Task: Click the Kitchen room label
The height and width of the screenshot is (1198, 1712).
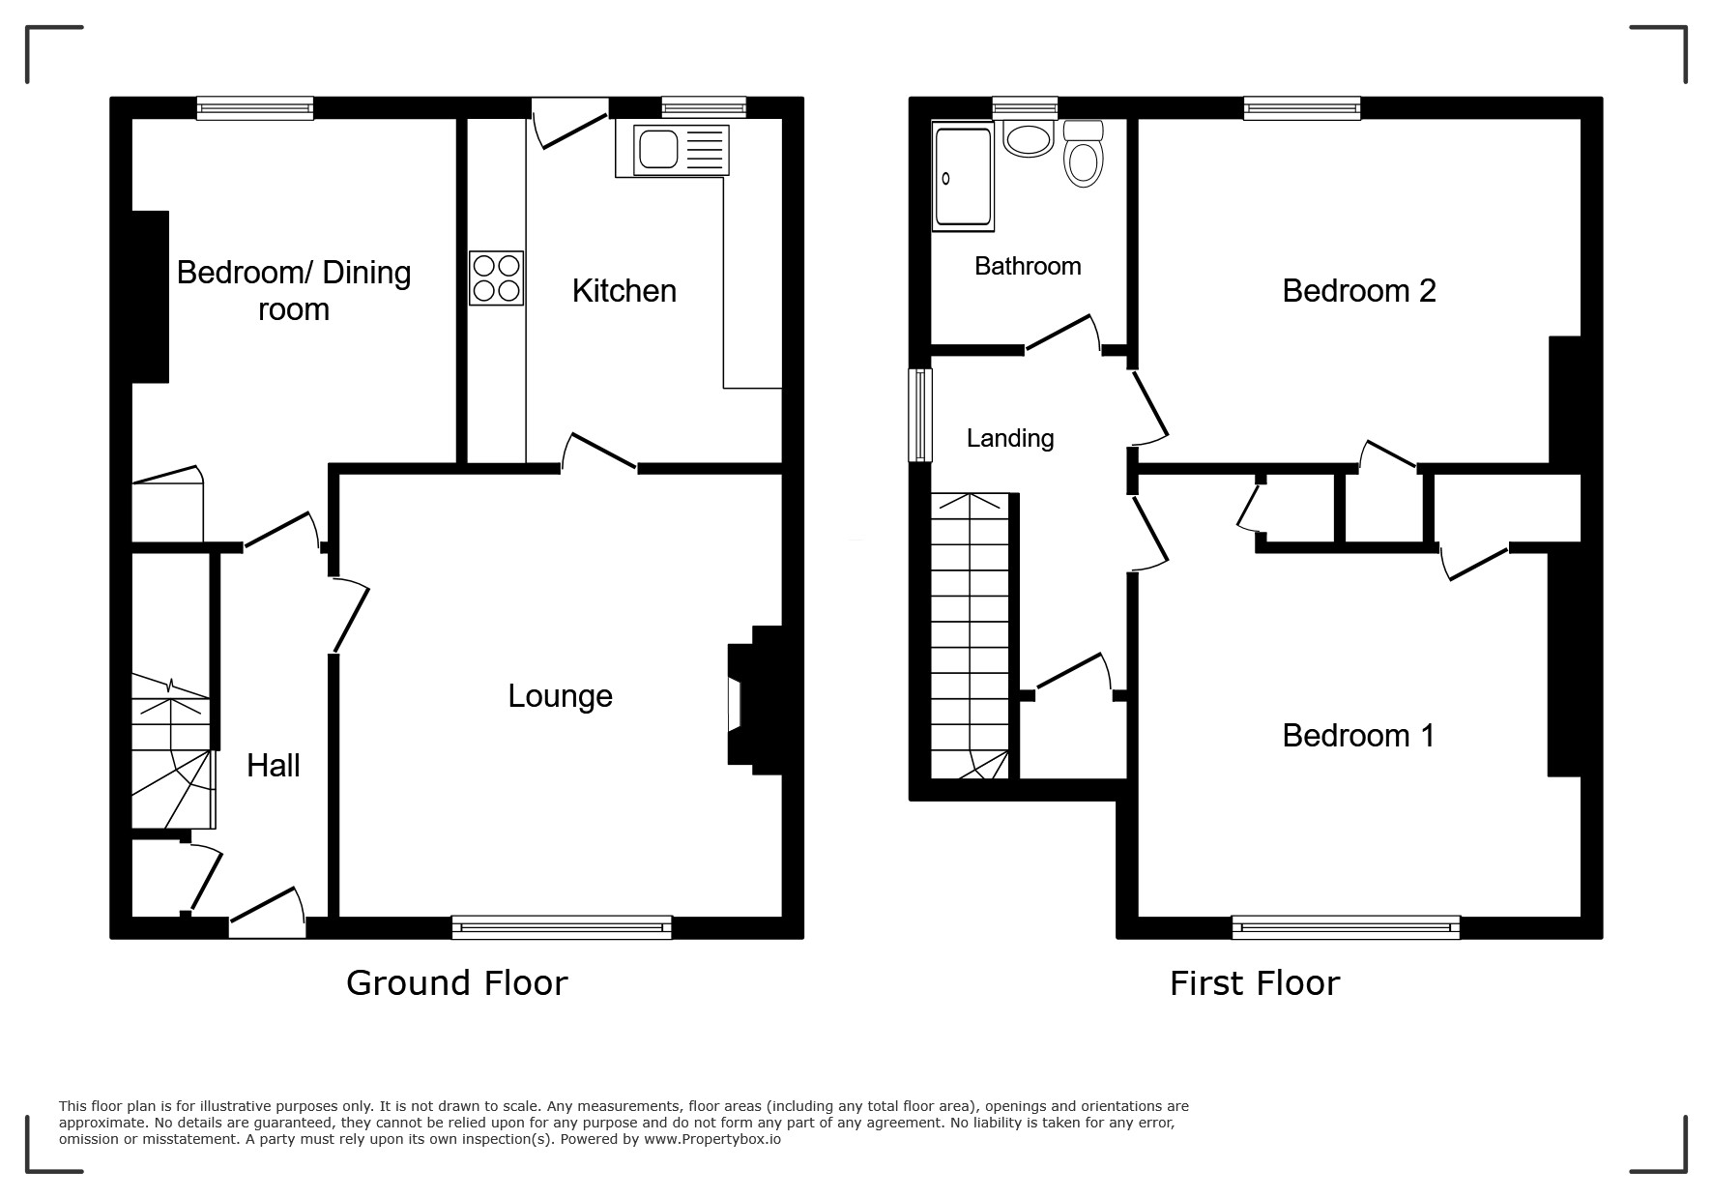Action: tap(624, 291)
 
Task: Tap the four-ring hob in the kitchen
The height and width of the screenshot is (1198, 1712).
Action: tap(497, 278)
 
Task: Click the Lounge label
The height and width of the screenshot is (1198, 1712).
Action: tap(561, 696)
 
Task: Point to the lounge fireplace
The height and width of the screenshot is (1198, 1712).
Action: tap(754, 701)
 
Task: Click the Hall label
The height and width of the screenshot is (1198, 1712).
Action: tap(274, 766)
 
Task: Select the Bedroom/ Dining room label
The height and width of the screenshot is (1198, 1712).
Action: tap(294, 291)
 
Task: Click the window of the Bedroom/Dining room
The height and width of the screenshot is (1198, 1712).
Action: tap(255, 108)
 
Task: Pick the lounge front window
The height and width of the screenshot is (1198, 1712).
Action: tap(562, 927)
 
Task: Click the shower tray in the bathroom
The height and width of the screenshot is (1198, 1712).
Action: tap(963, 177)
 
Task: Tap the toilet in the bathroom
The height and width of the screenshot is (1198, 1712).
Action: tap(1084, 155)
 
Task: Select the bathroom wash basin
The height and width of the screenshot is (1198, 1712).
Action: tap(1029, 139)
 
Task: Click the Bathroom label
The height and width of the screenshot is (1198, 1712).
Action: tap(1028, 267)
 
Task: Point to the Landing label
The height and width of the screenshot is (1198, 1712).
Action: tap(1010, 439)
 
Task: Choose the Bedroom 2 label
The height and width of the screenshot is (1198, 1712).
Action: tap(1359, 291)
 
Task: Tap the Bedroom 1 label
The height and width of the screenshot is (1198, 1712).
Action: tap(1358, 736)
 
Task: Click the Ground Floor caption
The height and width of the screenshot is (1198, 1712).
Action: tap(457, 983)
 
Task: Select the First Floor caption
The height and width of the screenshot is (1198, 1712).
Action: tap(1255, 983)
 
